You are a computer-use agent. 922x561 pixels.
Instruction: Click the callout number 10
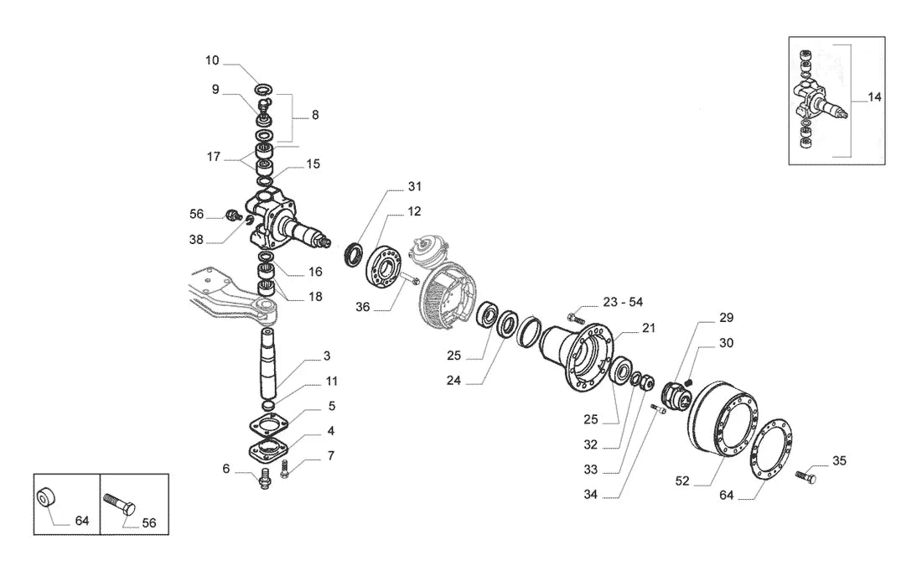(x=212, y=60)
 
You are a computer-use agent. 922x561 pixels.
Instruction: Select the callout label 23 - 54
(x=623, y=302)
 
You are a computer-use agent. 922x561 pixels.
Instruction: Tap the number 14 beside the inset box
(x=874, y=97)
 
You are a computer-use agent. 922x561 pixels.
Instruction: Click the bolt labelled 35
(x=805, y=475)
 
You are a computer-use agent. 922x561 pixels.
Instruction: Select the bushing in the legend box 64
(x=45, y=498)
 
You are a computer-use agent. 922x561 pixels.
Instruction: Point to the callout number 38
(x=196, y=239)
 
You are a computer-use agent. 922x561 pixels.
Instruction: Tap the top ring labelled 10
(x=265, y=90)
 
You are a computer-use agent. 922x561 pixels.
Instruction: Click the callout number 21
(x=648, y=328)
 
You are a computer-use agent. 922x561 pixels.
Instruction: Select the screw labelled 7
(x=285, y=469)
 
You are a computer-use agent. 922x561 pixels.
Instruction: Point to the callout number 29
(x=726, y=318)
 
